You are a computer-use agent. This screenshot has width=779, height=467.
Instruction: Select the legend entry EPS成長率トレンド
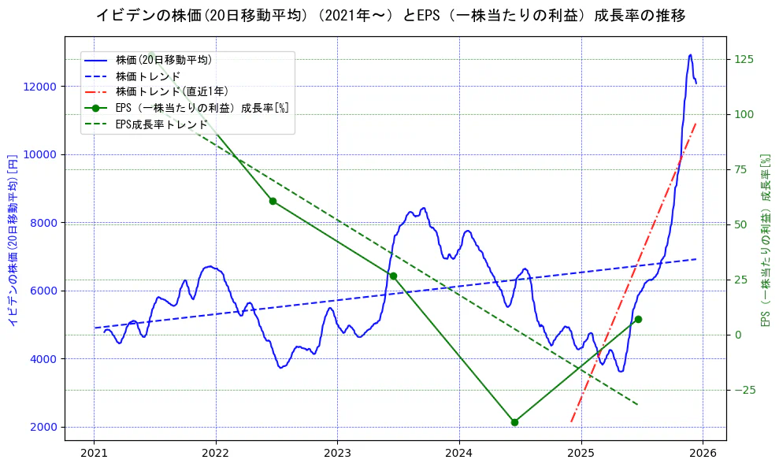[161, 124]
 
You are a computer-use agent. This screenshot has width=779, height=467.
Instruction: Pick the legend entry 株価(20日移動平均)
[163, 60]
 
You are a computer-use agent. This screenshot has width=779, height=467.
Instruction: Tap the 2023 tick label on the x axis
[337, 454]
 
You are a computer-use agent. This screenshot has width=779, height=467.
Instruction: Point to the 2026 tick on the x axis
[703, 454]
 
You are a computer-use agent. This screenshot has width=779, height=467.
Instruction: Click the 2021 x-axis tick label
[94, 454]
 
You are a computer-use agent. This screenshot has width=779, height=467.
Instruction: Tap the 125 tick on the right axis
[744, 60]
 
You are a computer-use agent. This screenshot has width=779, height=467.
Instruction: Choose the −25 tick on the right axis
[744, 391]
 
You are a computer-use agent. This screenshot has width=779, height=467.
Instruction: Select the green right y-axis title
[764, 240]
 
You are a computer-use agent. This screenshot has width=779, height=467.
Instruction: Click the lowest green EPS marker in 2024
[514, 422]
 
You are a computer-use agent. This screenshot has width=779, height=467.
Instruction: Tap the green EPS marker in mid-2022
[273, 201]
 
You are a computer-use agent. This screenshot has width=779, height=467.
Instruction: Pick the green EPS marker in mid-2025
[638, 319]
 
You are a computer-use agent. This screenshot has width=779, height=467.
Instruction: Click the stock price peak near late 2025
[690, 55]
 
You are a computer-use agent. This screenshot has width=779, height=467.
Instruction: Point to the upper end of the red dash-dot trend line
[696, 123]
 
